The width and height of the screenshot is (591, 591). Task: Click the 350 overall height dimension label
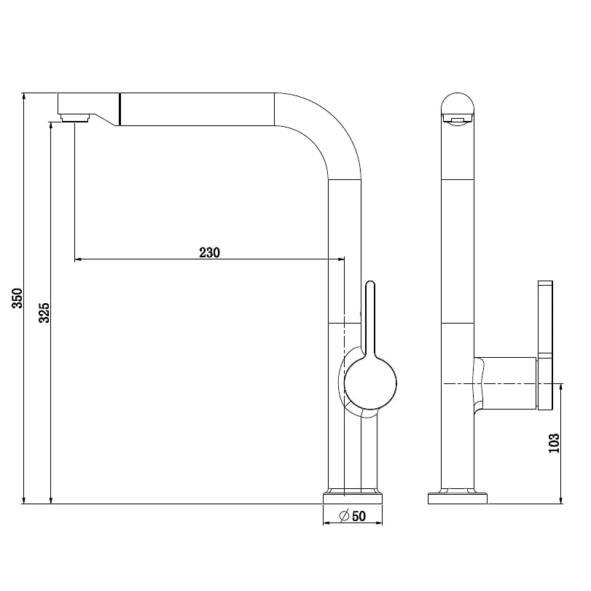click(17, 298)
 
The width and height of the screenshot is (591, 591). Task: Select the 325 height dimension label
click(44, 313)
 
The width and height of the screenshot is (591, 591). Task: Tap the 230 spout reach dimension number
click(210, 252)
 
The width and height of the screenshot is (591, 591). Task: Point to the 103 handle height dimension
click(554, 443)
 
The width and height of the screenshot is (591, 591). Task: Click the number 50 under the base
click(359, 516)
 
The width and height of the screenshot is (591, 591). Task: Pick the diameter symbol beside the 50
click(344, 516)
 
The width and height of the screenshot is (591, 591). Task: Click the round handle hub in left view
click(370, 383)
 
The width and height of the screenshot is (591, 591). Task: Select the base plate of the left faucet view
click(353, 498)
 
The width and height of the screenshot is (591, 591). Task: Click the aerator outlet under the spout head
click(75, 117)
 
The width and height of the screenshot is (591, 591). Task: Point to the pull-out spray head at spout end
click(89, 109)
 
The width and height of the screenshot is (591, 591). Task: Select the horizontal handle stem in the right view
click(506, 383)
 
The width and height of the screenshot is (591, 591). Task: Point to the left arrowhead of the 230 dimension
click(78, 259)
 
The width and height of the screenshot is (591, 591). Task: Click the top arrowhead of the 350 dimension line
click(24, 95)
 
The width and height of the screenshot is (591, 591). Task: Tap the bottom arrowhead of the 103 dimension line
click(561, 501)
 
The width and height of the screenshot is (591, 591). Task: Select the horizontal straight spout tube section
click(197, 109)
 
